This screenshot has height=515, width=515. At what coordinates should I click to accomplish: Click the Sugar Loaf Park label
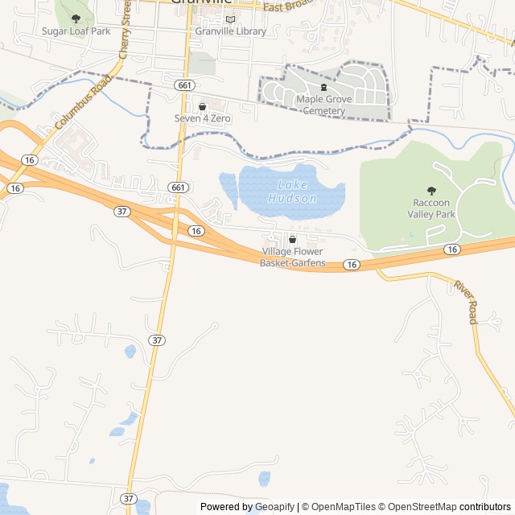click(x=76, y=31)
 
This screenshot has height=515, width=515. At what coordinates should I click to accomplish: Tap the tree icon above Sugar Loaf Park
click(x=76, y=19)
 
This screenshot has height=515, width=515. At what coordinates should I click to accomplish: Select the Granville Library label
click(x=230, y=31)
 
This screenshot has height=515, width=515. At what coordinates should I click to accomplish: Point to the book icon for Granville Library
click(x=230, y=19)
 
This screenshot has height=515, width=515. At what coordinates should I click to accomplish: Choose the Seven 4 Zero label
click(x=202, y=118)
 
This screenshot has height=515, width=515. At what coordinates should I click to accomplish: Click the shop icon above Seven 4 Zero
click(x=202, y=105)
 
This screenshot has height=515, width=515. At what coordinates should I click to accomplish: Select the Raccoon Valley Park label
click(x=434, y=208)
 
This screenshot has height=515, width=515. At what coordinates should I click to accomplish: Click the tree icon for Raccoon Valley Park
click(x=432, y=191)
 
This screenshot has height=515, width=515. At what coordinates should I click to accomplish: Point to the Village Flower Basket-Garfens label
click(x=292, y=257)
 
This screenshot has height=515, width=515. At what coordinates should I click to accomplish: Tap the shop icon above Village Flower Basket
click(x=292, y=240)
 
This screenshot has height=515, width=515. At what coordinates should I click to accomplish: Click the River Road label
click(x=466, y=303)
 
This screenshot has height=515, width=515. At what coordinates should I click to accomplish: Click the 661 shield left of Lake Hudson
click(x=179, y=187)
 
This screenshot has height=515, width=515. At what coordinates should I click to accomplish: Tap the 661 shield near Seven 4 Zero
click(x=185, y=84)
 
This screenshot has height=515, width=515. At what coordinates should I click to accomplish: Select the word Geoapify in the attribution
click(x=271, y=507)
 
